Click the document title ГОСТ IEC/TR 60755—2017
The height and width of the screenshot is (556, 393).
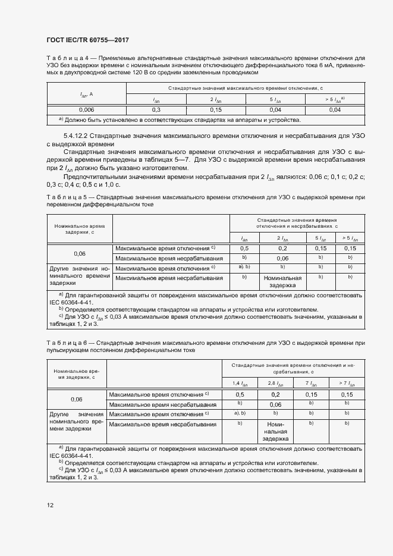pyautogui.click(x=87, y=40)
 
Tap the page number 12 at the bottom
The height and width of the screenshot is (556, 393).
pyautogui.click(x=50, y=505)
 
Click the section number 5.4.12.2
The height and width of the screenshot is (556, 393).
pyautogui.click(x=75, y=136)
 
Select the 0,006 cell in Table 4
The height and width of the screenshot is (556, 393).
pyautogui.click(x=86, y=110)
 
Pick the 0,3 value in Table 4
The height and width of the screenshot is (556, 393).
pyautogui.click(x=156, y=110)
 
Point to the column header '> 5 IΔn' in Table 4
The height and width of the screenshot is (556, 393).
pyautogui.click(x=335, y=100)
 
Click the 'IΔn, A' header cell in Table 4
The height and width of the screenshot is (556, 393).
pyautogui.click(x=86, y=94)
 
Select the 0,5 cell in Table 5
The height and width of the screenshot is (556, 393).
pyautogui.click(x=244, y=248)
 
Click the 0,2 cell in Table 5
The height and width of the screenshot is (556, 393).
pyautogui.click(x=282, y=248)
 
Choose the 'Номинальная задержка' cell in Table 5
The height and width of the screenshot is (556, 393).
pyautogui.click(x=282, y=281)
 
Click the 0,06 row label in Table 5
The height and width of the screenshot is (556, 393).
pyautogui.click(x=80, y=253)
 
